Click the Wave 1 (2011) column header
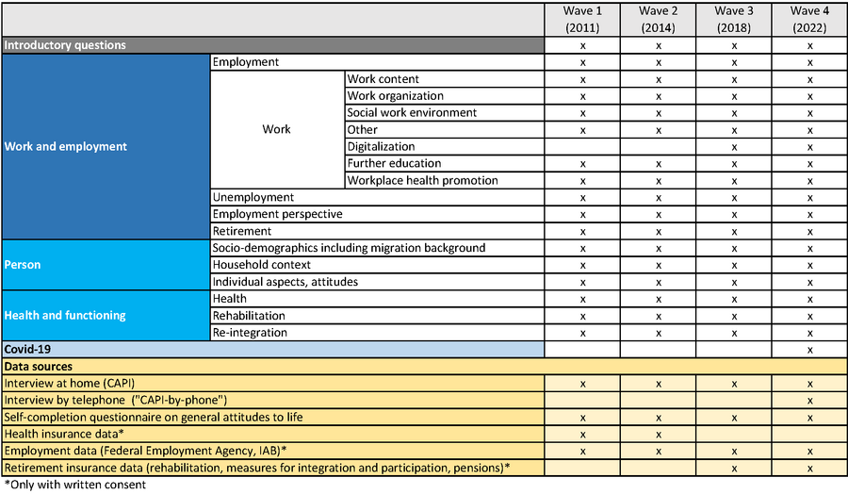click(583, 19)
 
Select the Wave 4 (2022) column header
click(809, 19)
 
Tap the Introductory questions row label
click(65, 44)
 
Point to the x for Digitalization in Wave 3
click(734, 147)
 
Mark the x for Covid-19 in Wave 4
click(809, 350)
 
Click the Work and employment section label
click(65, 146)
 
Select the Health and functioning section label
click(64, 315)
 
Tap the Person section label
click(24, 265)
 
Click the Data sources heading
click(39, 366)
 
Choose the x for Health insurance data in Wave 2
click(659, 435)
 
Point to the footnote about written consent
click(75, 485)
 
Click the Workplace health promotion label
click(422, 180)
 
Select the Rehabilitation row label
click(249, 315)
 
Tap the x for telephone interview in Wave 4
click(809, 401)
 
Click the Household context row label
click(262, 265)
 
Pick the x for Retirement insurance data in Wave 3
click(734, 469)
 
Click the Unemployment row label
click(253, 197)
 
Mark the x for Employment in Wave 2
click(659, 62)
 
